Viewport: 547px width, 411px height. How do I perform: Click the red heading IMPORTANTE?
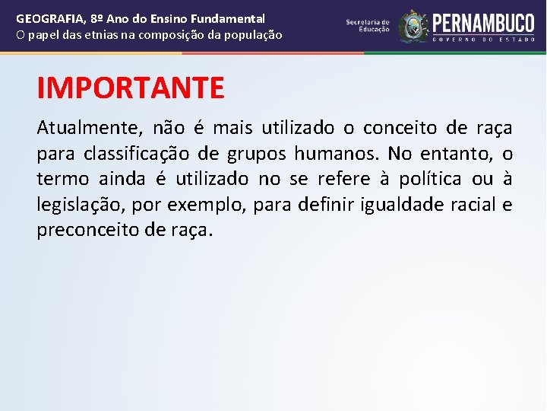click(x=131, y=88)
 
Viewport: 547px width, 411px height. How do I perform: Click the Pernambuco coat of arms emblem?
click(x=413, y=26)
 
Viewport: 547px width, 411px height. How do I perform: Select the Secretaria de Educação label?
click(x=368, y=26)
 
